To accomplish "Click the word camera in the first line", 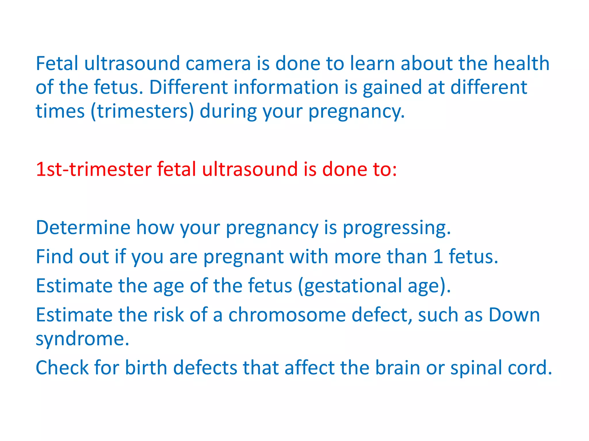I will click(218, 63).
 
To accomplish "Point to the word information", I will click(286, 87).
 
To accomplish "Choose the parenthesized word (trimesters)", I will click(142, 111).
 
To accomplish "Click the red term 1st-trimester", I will click(93, 169).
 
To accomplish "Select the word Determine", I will click(83, 227).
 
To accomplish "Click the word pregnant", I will click(243, 257).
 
